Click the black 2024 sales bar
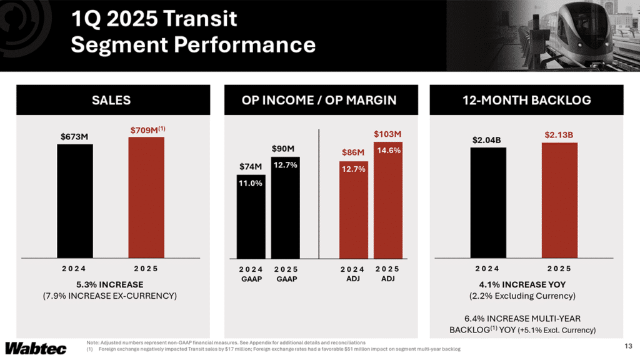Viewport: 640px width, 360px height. (x=75, y=201)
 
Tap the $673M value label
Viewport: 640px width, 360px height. (x=75, y=136)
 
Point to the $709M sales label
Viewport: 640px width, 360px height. (x=147, y=130)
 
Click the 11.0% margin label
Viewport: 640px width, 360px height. (x=251, y=183)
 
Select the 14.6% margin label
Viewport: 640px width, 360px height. (x=387, y=151)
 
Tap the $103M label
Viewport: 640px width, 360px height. (x=387, y=134)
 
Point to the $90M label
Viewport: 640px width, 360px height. (x=285, y=149)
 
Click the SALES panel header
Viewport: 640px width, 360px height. (x=111, y=100)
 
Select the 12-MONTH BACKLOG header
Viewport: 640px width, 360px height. (x=527, y=100)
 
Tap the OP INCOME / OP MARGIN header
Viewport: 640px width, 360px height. (x=319, y=100)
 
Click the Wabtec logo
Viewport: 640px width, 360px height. (x=32, y=347)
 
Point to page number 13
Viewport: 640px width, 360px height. (x=628, y=346)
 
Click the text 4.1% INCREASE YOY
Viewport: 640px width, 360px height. (x=527, y=284)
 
